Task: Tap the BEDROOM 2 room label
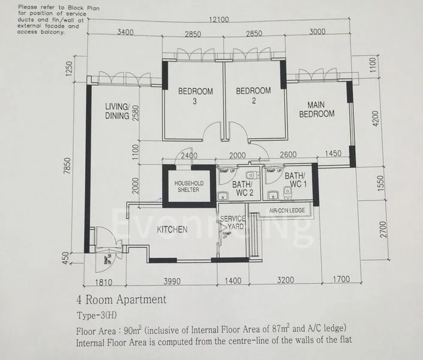coord(253,95)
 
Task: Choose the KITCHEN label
coord(172,229)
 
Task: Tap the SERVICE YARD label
coord(232,223)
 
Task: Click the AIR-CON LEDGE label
coord(287,211)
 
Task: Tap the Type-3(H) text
coord(97,315)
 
